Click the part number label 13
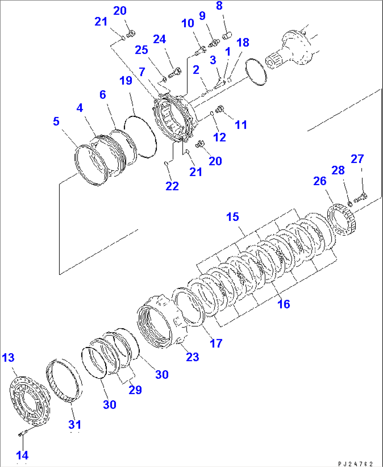click(x=8, y=358)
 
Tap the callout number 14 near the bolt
click(x=22, y=455)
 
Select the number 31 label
click(x=74, y=425)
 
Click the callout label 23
click(x=192, y=357)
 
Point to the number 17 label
click(x=216, y=343)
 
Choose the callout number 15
click(x=232, y=217)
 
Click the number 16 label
click(x=284, y=304)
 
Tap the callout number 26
click(x=320, y=181)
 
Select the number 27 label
click(x=357, y=159)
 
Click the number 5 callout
click(x=56, y=121)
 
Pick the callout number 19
click(x=125, y=80)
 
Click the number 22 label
click(x=172, y=186)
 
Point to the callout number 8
click(x=219, y=6)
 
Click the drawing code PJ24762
click(x=355, y=463)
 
